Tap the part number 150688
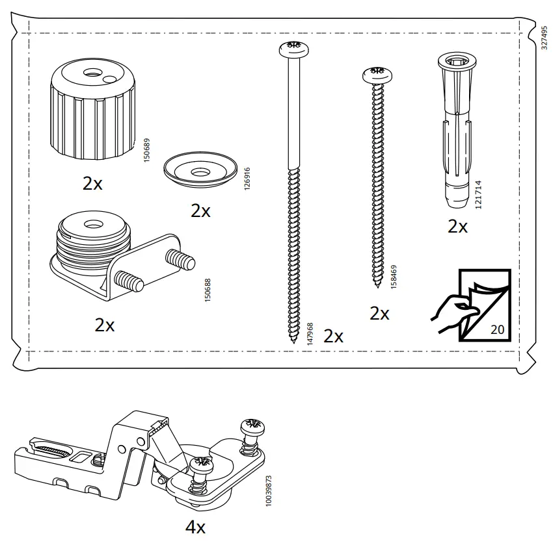point(208,285)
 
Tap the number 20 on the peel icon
point(497,329)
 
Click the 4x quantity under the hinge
point(195,527)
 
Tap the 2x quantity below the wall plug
point(457,227)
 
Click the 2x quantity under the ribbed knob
point(92,184)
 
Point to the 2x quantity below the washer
point(200,210)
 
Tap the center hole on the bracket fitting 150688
point(90,225)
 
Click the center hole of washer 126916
point(200,170)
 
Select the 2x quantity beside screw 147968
point(333,336)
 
